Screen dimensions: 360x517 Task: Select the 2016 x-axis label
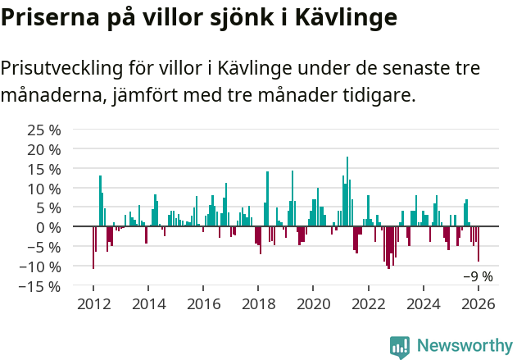(203, 304)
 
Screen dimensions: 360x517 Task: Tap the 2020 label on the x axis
(313, 304)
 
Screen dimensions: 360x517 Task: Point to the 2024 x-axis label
(424, 304)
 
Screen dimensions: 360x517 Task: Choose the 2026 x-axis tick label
(478, 304)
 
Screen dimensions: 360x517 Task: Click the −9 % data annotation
(478, 277)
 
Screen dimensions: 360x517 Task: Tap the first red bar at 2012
(93, 247)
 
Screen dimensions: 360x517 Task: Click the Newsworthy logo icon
(399, 346)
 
